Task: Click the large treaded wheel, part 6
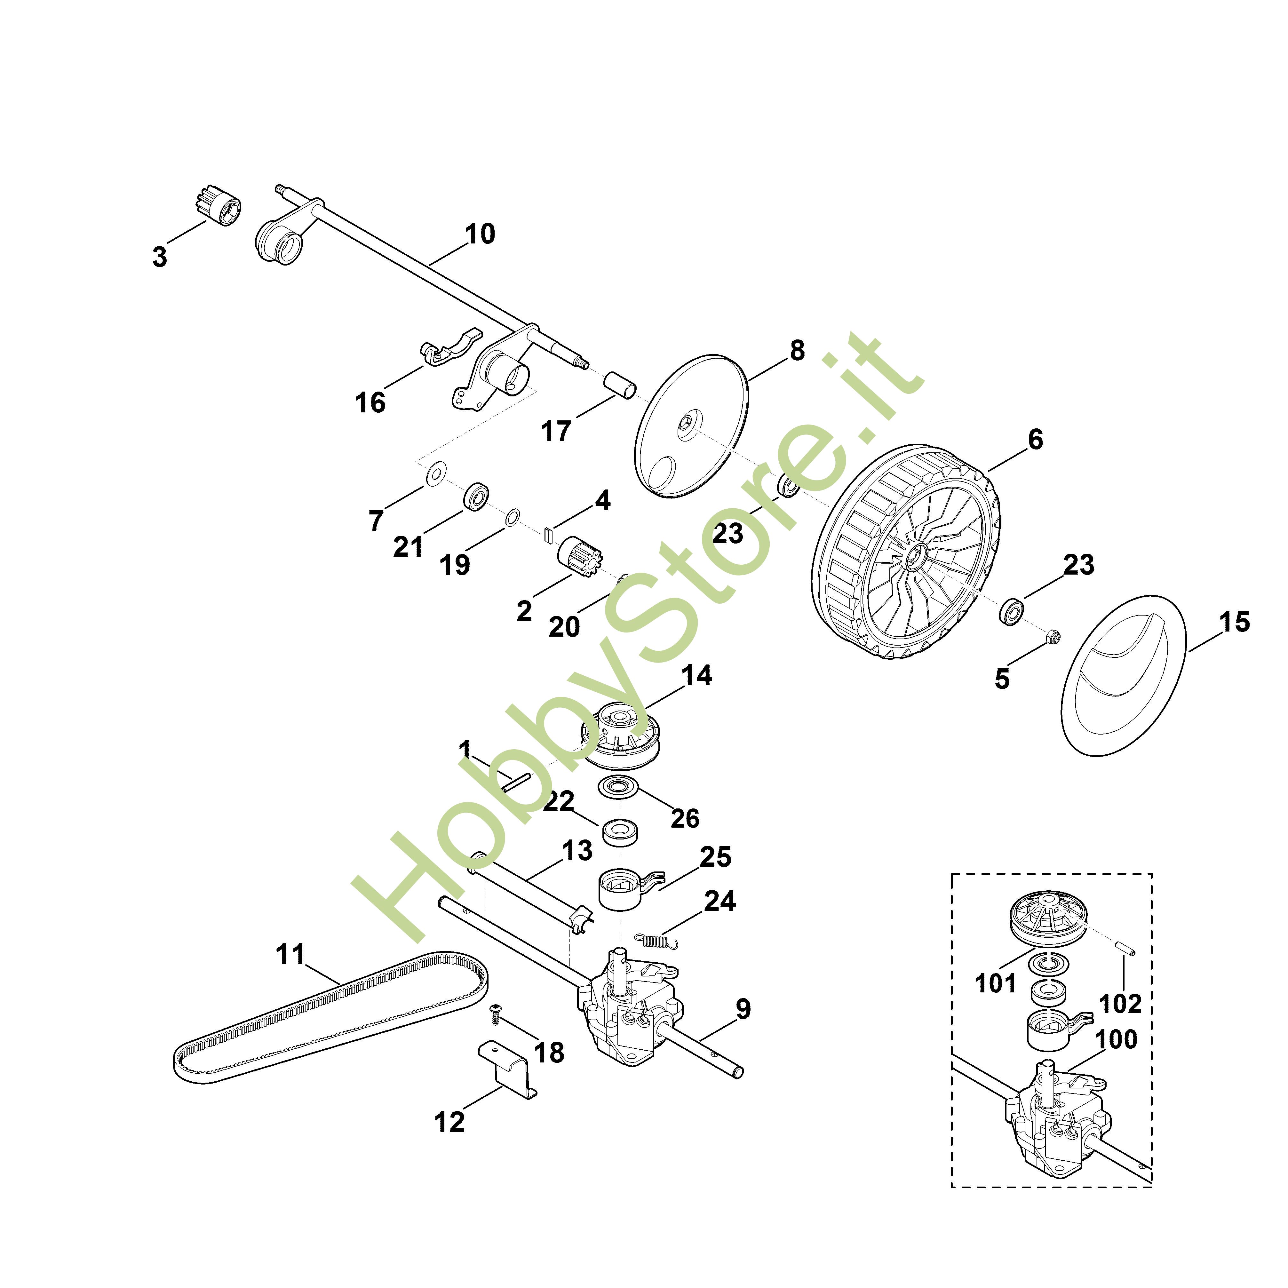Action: [x=907, y=553]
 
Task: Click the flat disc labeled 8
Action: [x=690, y=427]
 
